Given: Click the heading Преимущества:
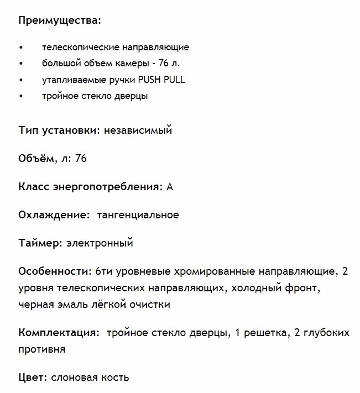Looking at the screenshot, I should coord(60,21).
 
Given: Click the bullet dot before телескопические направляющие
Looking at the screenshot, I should coord(21,48).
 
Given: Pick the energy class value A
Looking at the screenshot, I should coord(170,187).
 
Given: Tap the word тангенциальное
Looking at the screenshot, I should coord(138,215).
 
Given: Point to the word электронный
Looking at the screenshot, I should coord(100,243).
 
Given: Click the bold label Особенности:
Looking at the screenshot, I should coord(55,271).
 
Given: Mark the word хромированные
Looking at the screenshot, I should coord(211,271).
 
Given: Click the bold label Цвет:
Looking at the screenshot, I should coord(33,378).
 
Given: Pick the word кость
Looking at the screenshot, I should coord(114,378).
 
